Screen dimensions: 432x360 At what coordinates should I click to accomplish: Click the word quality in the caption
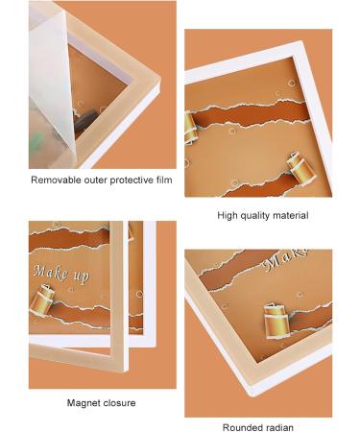pos(257,216)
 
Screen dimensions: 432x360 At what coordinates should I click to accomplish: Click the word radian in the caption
pos(280,427)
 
